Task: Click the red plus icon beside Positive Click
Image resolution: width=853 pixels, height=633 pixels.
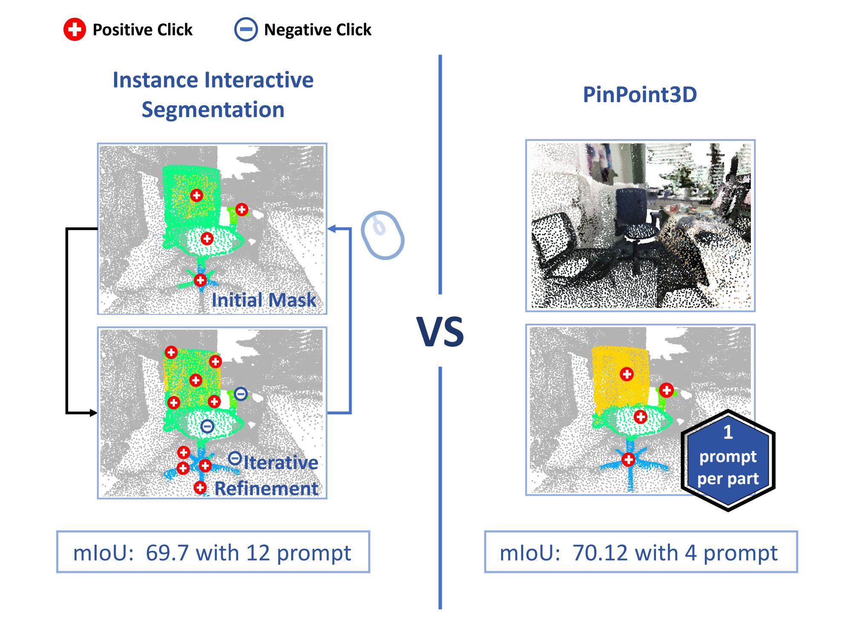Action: pos(74,29)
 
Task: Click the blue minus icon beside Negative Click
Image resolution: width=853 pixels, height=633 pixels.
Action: pos(246,29)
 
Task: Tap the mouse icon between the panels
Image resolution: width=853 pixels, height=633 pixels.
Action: pos(382,235)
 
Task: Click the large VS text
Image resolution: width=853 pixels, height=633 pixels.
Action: pos(440,332)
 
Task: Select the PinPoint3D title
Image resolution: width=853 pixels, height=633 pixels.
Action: pos(639,94)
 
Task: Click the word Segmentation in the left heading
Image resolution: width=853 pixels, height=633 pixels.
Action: pos(213,110)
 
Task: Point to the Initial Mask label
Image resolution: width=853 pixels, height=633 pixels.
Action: pos(263,300)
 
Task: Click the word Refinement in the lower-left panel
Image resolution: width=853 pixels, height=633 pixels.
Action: pos(266,488)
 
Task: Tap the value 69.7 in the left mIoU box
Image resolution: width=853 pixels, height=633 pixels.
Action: pos(167,553)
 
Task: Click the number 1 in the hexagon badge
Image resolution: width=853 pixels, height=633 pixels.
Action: pos(728,432)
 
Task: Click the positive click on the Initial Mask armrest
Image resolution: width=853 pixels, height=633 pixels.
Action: pos(242,209)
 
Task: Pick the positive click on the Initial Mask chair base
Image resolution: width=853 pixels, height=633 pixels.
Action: pos(200,280)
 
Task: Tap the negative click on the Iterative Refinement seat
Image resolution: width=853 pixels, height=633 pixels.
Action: pos(207,426)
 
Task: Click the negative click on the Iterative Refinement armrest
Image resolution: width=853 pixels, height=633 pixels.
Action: pos(240,394)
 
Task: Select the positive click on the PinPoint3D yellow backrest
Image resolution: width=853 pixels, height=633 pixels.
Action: pos(627,374)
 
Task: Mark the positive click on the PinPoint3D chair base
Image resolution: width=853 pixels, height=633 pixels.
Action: pos(628,459)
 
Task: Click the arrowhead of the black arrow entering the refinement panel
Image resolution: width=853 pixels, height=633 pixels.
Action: pos(93,413)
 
